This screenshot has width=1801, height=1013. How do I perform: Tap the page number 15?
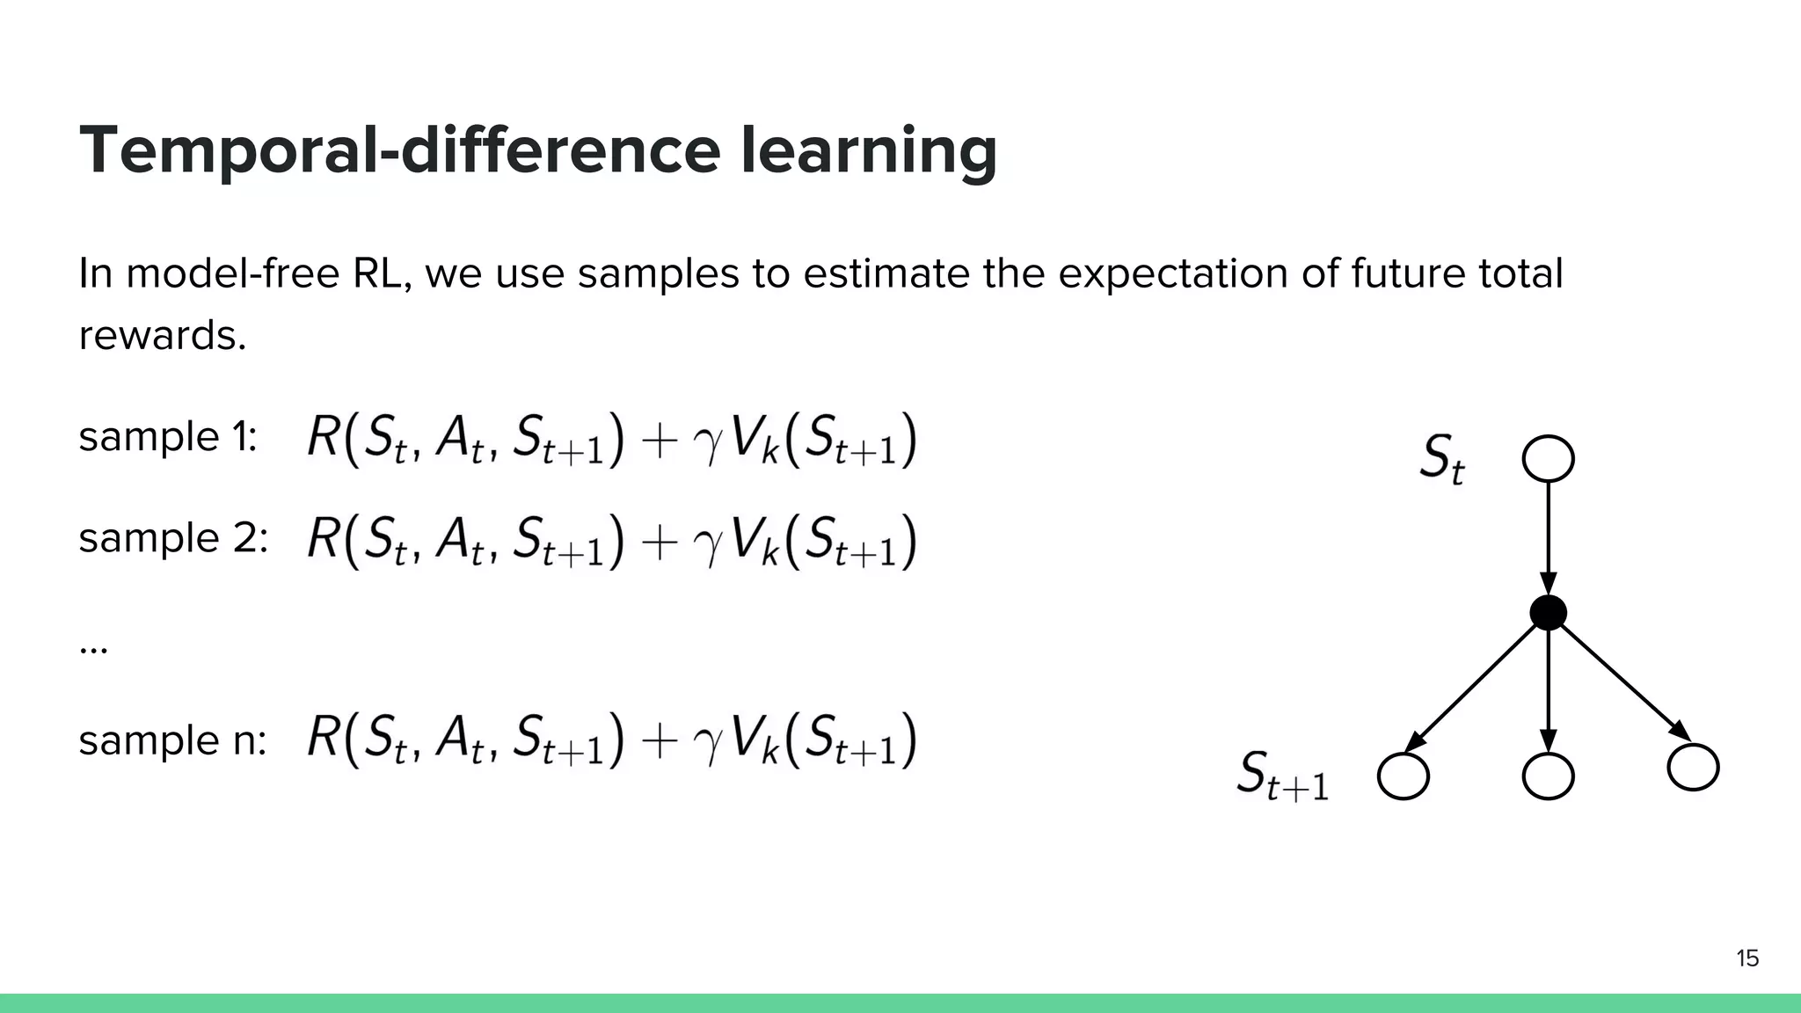coord(1746,958)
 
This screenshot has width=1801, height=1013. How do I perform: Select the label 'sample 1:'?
coord(168,437)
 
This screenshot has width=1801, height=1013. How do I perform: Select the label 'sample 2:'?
coord(173,538)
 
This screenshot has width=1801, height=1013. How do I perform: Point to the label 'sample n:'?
coord(172,740)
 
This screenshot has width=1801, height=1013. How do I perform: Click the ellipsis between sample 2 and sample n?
coord(93,650)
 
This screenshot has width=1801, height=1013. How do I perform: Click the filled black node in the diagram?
coord(1548,612)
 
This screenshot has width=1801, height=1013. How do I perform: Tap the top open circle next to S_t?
coord(1548,459)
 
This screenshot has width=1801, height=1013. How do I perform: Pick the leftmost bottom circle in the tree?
coord(1403,776)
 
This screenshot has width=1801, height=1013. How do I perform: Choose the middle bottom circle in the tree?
coord(1548,776)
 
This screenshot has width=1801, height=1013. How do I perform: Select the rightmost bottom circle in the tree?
coord(1693,767)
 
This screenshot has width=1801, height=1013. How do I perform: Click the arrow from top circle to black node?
coord(1548,536)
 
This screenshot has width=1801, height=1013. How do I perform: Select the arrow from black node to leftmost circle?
coord(1473,686)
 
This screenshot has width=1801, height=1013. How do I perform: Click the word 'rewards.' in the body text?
coord(163,336)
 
